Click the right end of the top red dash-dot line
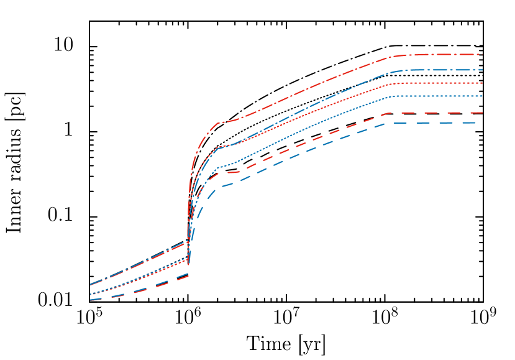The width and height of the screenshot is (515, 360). (x=482, y=55)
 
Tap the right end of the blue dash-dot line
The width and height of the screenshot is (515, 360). (x=482, y=70)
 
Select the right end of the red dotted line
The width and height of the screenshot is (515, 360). (x=482, y=83)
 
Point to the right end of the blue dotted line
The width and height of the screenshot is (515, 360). (x=482, y=96)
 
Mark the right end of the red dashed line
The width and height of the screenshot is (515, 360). (x=482, y=113)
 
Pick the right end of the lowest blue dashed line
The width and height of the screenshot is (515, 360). (x=482, y=122)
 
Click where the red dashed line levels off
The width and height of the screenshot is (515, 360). (x=388, y=113)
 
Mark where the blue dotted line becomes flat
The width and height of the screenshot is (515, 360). (x=393, y=96)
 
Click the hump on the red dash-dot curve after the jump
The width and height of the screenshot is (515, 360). (x=219, y=122)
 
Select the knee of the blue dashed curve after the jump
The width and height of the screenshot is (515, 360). (x=216, y=188)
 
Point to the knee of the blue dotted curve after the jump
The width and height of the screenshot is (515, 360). (x=219, y=168)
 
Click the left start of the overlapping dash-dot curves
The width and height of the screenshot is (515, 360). (x=91, y=285)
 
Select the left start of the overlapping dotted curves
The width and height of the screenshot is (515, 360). (x=91, y=294)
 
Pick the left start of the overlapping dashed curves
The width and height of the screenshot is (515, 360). (x=91, y=300)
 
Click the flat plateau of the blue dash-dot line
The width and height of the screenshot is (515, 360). (x=435, y=70)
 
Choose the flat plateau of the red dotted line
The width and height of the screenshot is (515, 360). (x=435, y=83)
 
